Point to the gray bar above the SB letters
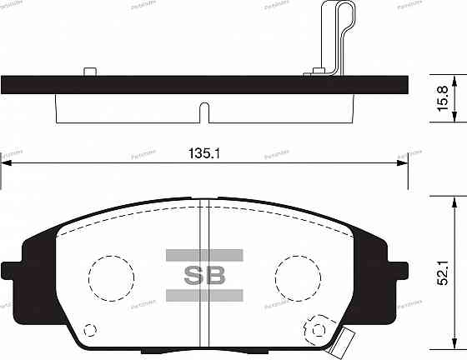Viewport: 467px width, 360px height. click(204, 254)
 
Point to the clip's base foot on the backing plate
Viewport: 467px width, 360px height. click(315, 72)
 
